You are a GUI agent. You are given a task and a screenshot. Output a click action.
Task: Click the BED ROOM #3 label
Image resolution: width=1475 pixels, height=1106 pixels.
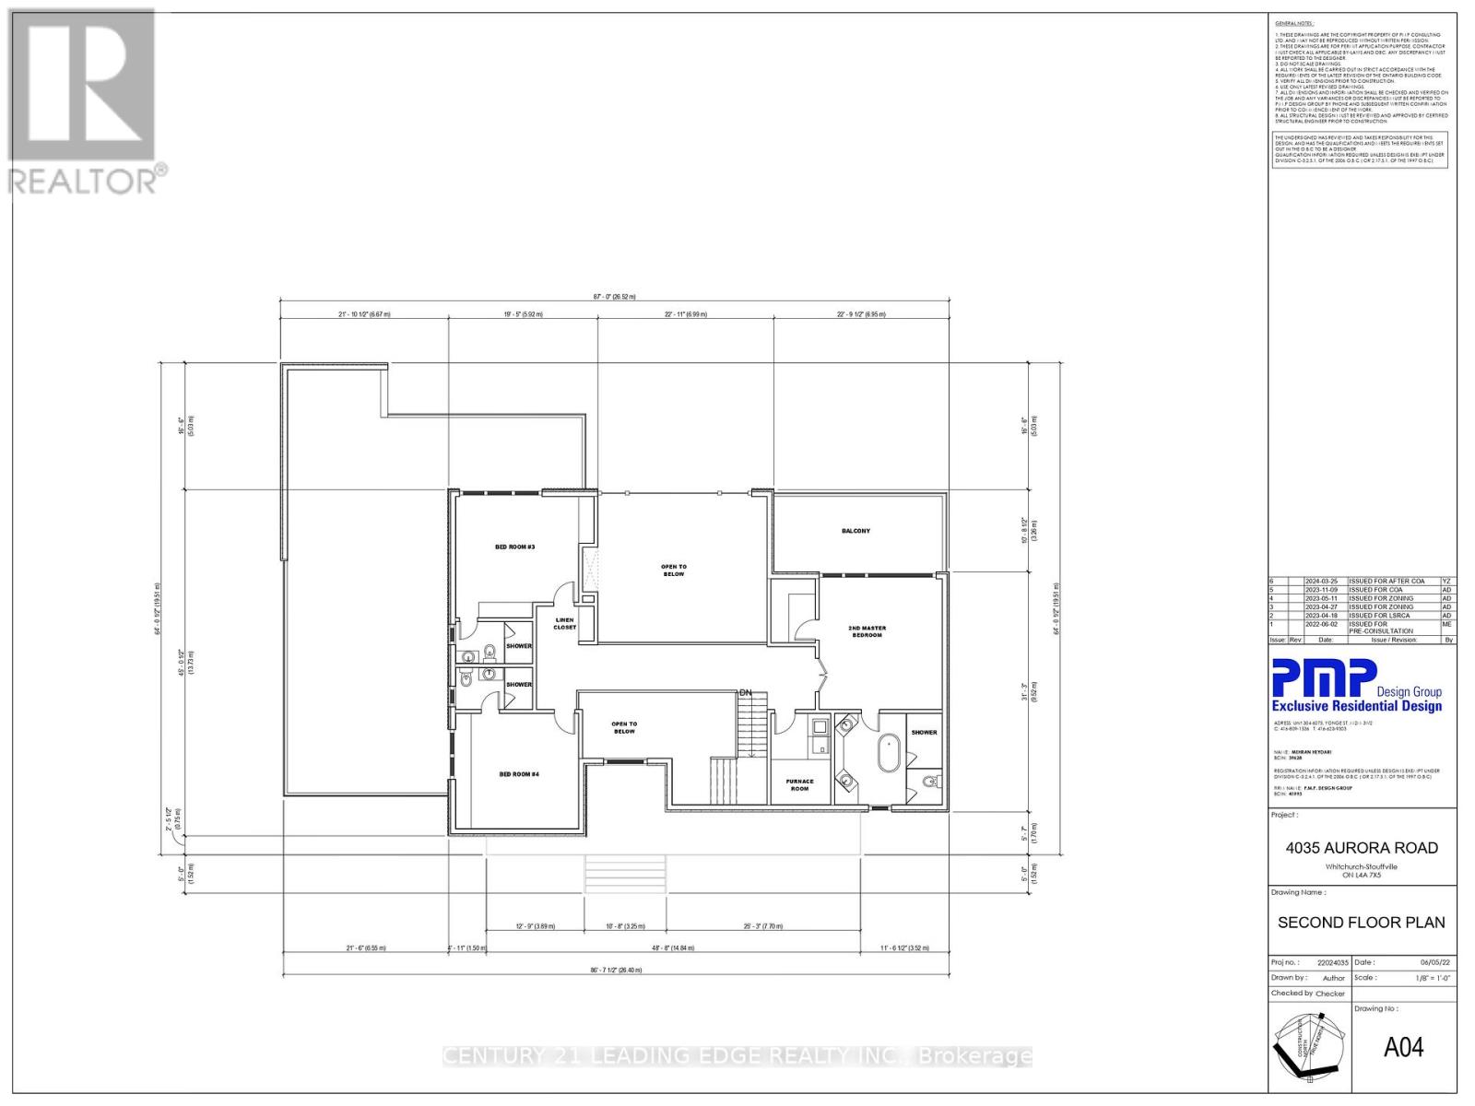(x=514, y=547)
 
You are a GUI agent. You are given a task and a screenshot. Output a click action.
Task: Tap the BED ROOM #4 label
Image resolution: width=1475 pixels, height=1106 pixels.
(x=518, y=774)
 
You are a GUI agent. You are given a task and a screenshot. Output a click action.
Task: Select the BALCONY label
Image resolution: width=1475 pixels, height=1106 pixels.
(x=855, y=531)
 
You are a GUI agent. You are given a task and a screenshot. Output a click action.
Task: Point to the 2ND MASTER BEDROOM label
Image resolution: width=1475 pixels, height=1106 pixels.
(x=867, y=631)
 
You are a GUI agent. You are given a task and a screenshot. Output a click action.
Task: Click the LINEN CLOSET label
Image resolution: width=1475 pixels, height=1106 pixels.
(x=564, y=624)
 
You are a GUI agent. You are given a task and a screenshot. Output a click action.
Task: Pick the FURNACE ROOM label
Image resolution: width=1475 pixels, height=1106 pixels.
(x=799, y=784)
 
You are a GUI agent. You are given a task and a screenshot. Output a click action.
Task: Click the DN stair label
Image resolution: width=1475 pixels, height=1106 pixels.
(x=745, y=692)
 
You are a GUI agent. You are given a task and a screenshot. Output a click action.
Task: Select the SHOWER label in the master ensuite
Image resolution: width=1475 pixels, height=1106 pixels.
(x=924, y=733)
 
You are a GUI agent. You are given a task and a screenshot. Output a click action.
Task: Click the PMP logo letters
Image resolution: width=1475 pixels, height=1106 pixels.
(x=1324, y=678)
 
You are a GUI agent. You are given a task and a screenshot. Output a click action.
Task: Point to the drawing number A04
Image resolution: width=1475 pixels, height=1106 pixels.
(x=1403, y=1047)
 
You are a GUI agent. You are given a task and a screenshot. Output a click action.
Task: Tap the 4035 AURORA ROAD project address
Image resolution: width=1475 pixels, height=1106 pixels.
(x=1362, y=848)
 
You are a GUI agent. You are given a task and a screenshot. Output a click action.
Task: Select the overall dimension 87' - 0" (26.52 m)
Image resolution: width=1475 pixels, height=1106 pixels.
(x=614, y=297)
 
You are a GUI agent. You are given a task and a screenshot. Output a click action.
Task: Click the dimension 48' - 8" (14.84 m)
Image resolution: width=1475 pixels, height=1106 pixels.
(x=673, y=947)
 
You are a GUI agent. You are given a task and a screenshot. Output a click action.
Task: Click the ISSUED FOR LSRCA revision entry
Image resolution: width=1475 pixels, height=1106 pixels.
(x=1380, y=616)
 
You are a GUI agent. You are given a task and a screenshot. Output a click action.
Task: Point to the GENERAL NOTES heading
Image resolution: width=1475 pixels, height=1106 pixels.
(x=1294, y=23)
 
